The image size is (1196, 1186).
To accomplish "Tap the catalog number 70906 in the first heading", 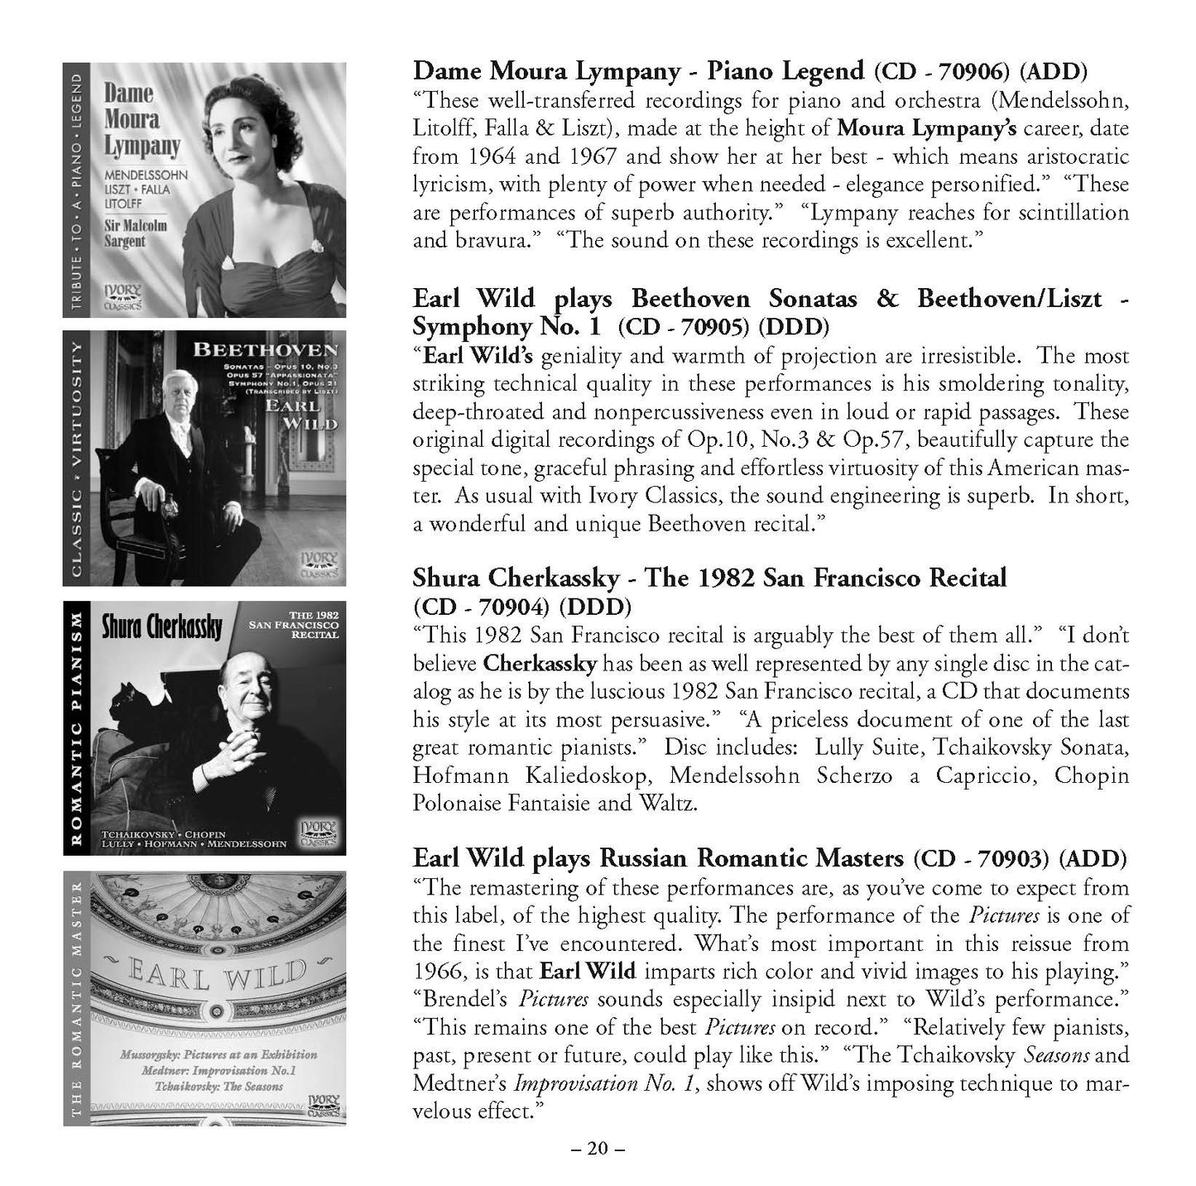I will coord(972,71).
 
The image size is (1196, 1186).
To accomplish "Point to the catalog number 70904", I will coord(511,607).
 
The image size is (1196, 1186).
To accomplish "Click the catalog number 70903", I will coord(1007,858).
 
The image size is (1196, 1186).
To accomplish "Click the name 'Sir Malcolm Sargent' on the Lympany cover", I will coord(136,233).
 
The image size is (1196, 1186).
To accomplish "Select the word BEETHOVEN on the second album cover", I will coord(264,349).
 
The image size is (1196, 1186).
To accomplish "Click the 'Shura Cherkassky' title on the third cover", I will coord(161,627).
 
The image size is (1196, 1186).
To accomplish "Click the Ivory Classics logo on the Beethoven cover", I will coord(319,563).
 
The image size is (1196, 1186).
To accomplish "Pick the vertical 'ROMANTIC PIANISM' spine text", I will coord(75,728).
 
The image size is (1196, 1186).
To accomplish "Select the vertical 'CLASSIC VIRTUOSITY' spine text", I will coord(75,459).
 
